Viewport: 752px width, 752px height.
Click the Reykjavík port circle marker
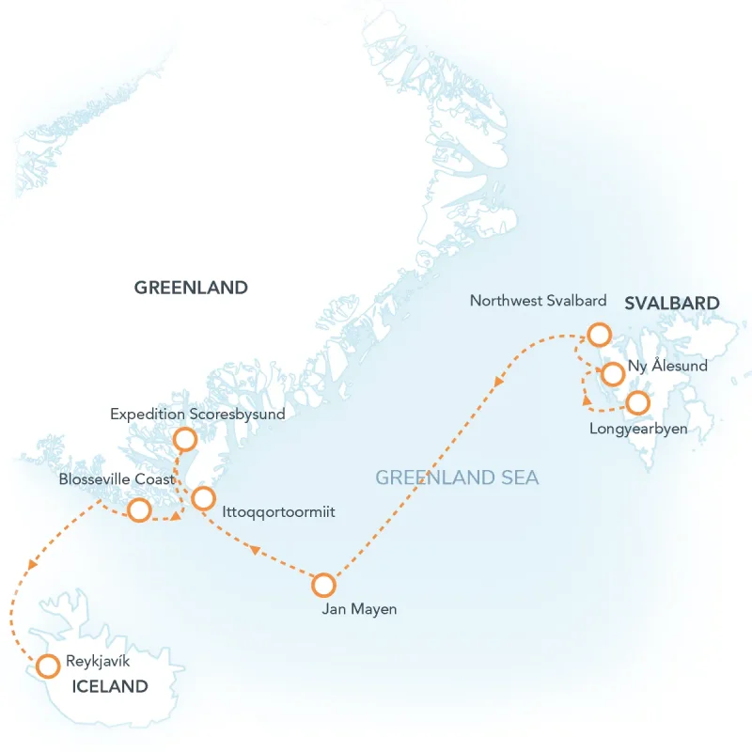47,666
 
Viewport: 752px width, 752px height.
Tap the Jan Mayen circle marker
323,585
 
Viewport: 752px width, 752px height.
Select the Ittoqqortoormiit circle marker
203,499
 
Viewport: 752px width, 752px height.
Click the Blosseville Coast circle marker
139,510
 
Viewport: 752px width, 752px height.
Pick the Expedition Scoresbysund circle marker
185,439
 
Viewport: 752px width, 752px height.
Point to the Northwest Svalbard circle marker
599,335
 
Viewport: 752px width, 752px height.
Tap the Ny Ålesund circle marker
612,374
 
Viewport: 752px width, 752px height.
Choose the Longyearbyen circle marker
637,403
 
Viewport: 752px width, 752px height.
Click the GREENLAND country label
191,288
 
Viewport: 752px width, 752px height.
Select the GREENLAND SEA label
457,478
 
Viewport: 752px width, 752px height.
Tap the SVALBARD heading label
672,303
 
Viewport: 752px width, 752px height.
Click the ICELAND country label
110,686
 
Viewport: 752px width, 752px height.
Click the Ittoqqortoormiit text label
279,512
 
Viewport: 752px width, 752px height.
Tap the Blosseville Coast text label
116,479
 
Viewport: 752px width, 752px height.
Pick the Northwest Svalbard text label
538,302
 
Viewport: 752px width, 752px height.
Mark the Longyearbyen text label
638,429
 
